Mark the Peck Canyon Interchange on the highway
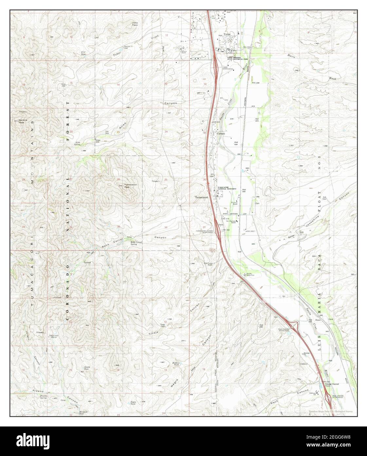[328, 398]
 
